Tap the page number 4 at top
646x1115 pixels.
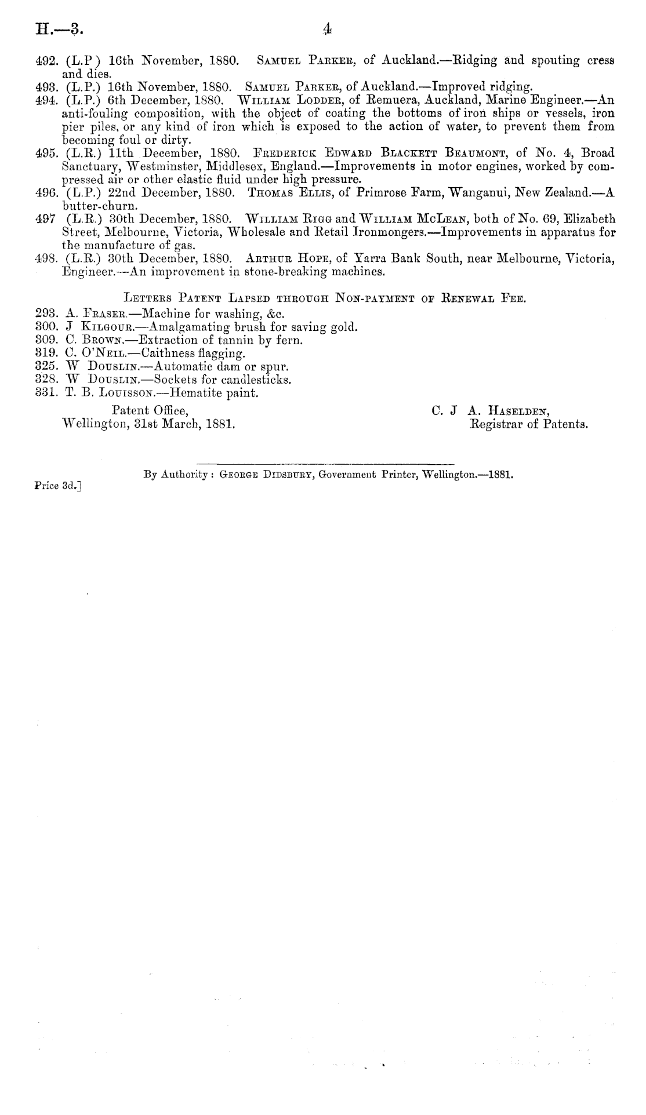(x=328, y=28)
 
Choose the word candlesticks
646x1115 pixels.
(x=255, y=380)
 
